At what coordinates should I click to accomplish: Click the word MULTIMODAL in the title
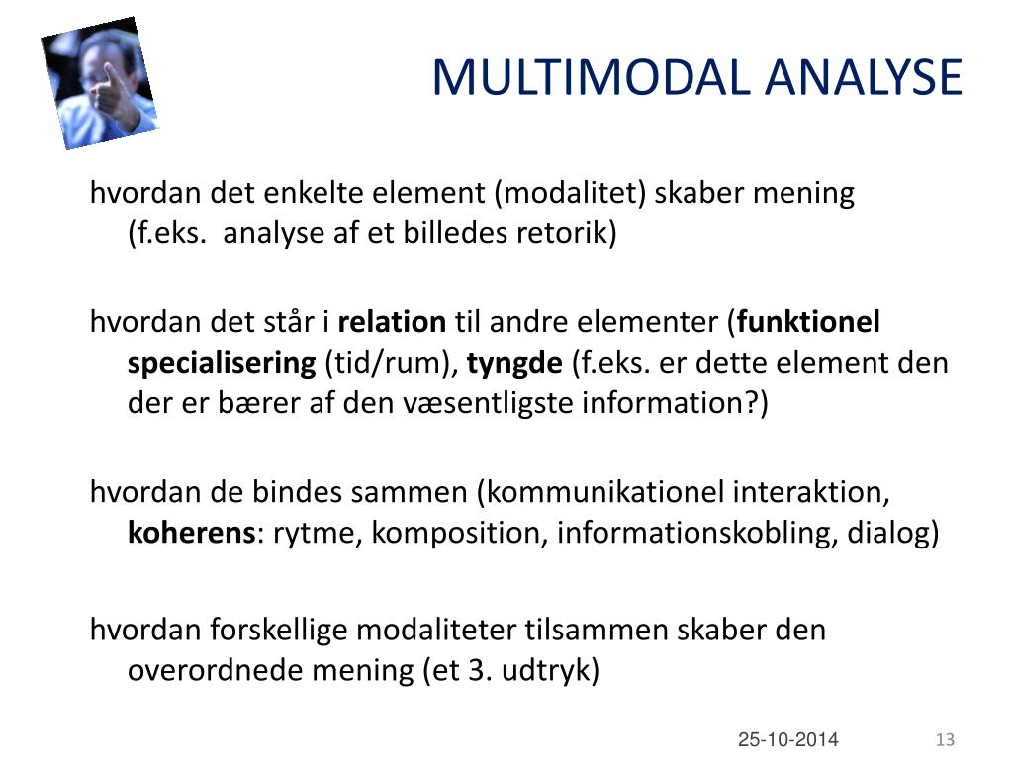coord(593,77)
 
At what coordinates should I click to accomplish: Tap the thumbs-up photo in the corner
coord(99,83)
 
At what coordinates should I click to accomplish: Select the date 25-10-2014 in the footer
coord(788,739)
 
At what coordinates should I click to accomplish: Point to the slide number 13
coord(945,739)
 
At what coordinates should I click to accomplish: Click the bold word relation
coord(392,322)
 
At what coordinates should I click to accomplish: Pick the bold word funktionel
coord(808,322)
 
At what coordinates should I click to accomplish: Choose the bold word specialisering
coord(222,364)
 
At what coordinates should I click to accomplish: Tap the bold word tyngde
coord(514,364)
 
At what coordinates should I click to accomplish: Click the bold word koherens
coord(191,533)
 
